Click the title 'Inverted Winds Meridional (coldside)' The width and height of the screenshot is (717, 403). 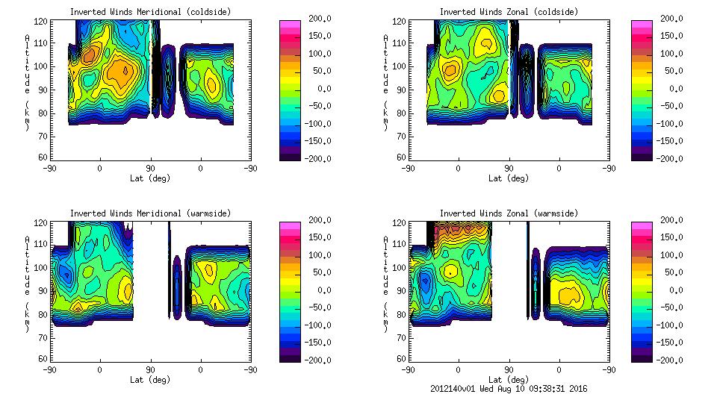150,12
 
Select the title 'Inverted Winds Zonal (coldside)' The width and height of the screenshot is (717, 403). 509,12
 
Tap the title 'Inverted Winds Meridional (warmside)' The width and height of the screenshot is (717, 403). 150,213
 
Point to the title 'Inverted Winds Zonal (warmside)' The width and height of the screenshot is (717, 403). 509,213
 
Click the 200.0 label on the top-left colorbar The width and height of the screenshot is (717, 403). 317,18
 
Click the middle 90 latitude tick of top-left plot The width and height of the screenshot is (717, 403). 150,168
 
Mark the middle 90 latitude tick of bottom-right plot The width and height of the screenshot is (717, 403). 509,369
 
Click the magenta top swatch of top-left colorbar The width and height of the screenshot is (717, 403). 290,24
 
